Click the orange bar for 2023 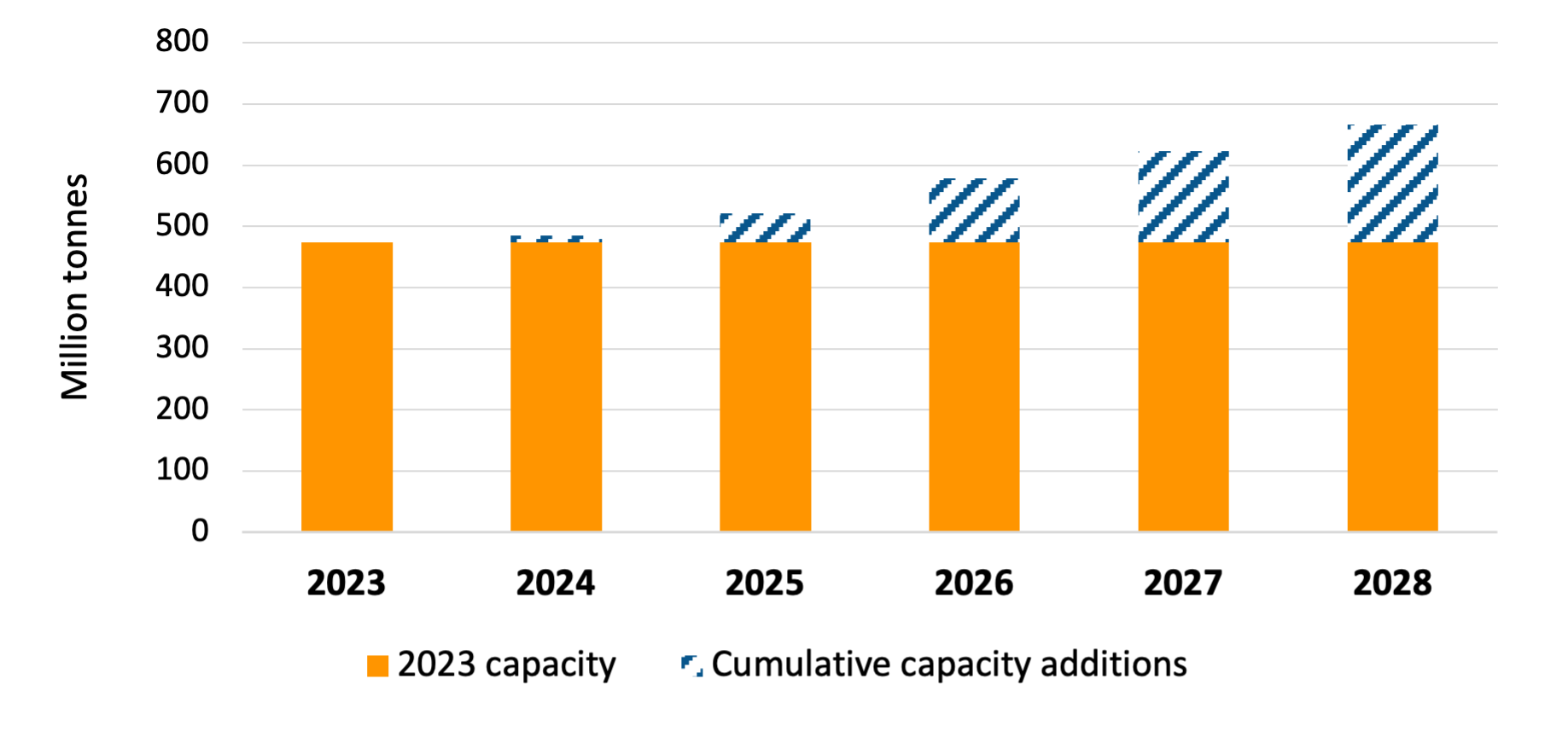click(347, 386)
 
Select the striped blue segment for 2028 click(1392, 183)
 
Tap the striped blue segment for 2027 click(1183, 197)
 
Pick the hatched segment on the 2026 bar click(974, 211)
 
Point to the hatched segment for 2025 click(765, 229)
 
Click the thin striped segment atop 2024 click(556, 240)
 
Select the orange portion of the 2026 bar click(974, 386)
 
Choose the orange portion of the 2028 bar click(1392, 386)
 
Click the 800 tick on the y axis click(182, 41)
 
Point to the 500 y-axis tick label click(182, 225)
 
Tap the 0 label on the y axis click(200, 531)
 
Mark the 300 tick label click(182, 347)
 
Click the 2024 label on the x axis click(556, 583)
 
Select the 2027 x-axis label click(1183, 583)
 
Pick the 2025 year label click(765, 583)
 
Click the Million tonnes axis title click(75, 287)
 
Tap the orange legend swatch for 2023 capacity click(377, 665)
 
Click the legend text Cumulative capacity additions click(948, 664)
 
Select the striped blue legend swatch click(691, 665)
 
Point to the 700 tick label click(182, 102)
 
